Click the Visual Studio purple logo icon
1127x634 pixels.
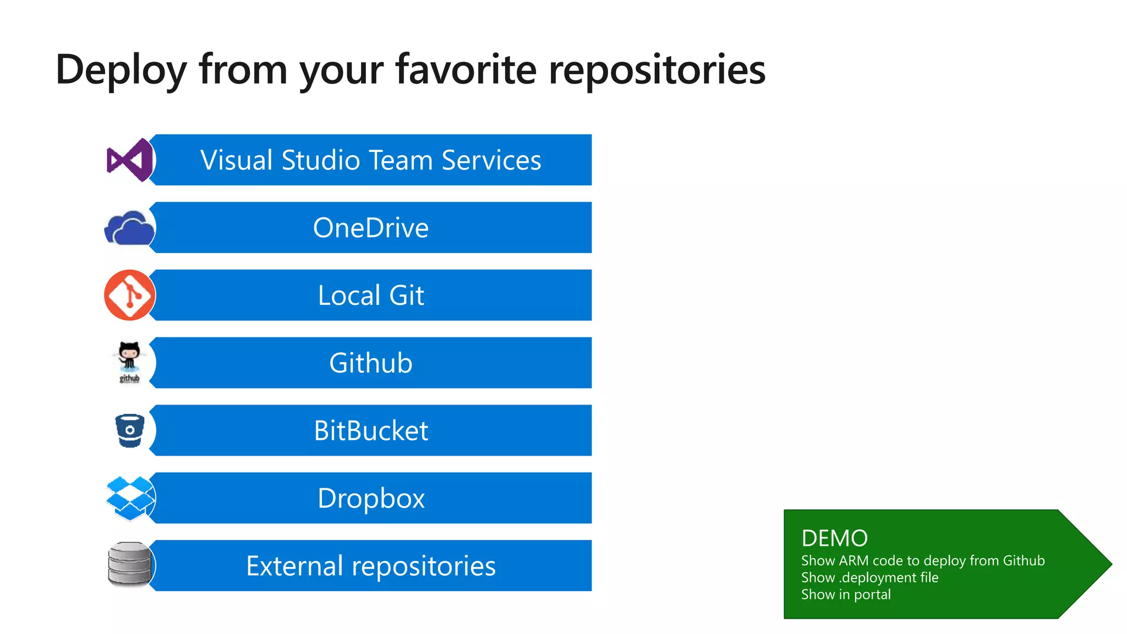(130, 160)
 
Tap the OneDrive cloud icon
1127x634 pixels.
(129, 228)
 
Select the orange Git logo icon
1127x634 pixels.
(130, 295)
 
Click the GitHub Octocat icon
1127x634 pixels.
(130, 362)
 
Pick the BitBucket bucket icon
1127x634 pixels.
(130, 430)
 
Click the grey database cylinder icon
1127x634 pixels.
(129, 565)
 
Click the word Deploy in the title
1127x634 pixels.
(121, 70)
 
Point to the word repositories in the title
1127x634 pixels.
(657, 70)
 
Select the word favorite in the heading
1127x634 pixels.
(466, 70)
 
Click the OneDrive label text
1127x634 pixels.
(370, 228)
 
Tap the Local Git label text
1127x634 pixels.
(370, 296)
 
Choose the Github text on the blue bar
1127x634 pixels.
(370, 363)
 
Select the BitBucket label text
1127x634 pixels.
(370, 431)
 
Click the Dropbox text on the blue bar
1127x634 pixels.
(370, 499)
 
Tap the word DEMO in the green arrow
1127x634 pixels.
(834, 538)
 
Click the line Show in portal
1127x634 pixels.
(846, 594)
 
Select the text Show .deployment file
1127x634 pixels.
(869, 577)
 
